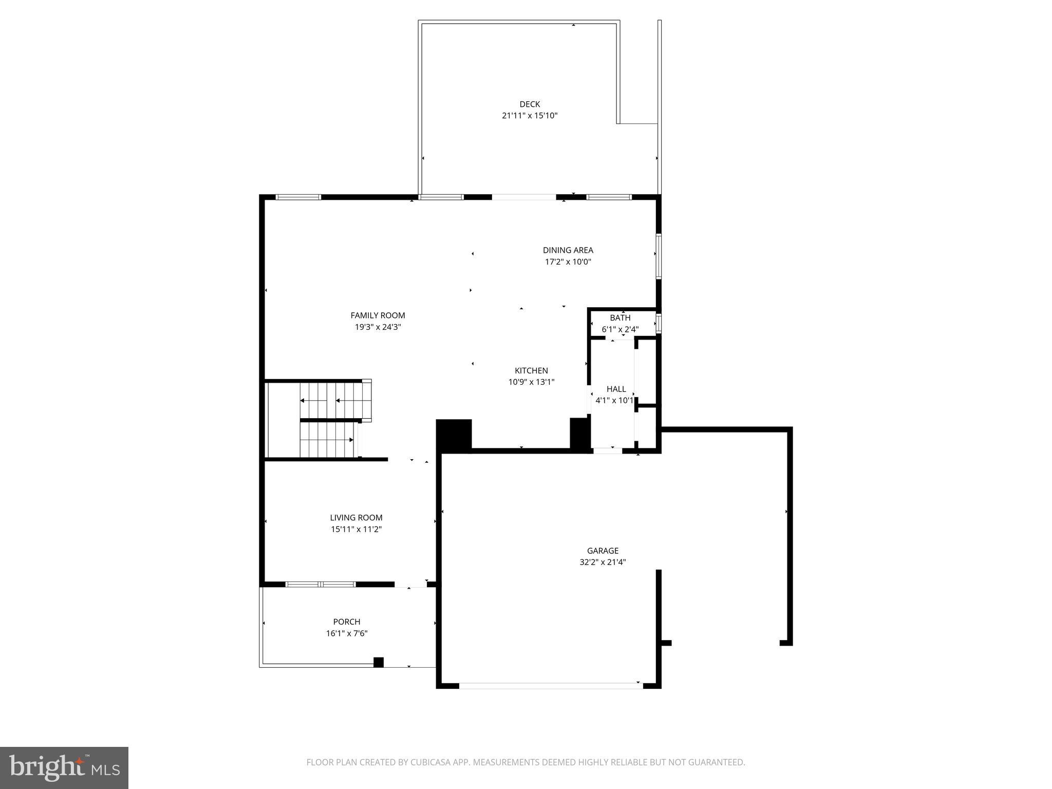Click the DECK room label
coord(530,104)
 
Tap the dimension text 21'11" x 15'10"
coord(530,116)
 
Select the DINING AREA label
coord(568,250)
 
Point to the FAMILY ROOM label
coord(378,315)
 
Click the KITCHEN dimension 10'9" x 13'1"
coord(531,382)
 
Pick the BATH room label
coord(620,318)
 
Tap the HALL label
coord(616,389)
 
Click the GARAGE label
coord(603,551)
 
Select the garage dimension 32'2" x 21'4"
coord(603,562)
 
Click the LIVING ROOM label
coord(356,518)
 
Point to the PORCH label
coord(347,622)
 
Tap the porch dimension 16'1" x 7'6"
coord(347,633)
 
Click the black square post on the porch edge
coord(379,662)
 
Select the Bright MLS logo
coord(64,767)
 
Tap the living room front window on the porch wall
coord(321,584)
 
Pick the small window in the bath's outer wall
coord(659,324)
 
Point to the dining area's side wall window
coord(658,256)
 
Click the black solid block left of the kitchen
coord(454,436)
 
